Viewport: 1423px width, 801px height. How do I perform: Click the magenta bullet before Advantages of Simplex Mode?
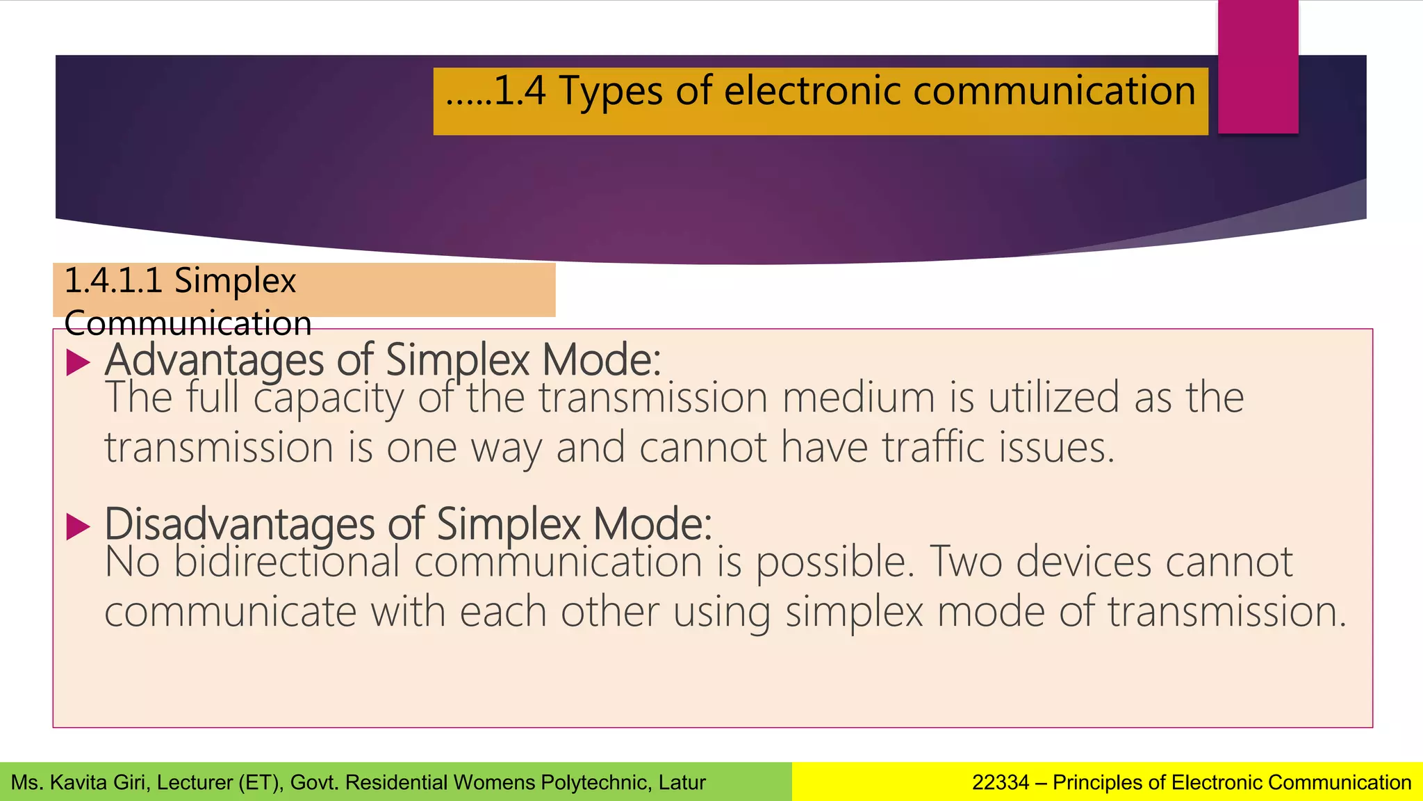pyautogui.click(x=79, y=362)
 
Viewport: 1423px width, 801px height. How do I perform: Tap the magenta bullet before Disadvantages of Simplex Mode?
pyautogui.click(x=79, y=526)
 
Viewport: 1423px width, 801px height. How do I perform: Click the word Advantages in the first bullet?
pyautogui.click(x=215, y=361)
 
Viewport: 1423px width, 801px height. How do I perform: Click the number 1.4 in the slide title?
pyautogui.click(x=519, y=91)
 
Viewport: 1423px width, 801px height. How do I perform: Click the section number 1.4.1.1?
pyautogui.click(x=113, y=281)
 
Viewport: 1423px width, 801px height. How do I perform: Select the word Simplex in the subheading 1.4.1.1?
pyautogui.click(x=235, y=281)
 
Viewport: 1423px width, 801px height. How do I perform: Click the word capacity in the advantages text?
pyautogui.click(x=328, y=398)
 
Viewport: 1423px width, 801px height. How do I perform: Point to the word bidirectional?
pyautogui.click(x=286, y=562)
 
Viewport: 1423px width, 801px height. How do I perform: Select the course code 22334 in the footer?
pyautogui.click(x=1000, y=783)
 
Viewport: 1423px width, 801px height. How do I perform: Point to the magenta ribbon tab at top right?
pyautogui.click(x=1258, y=66)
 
